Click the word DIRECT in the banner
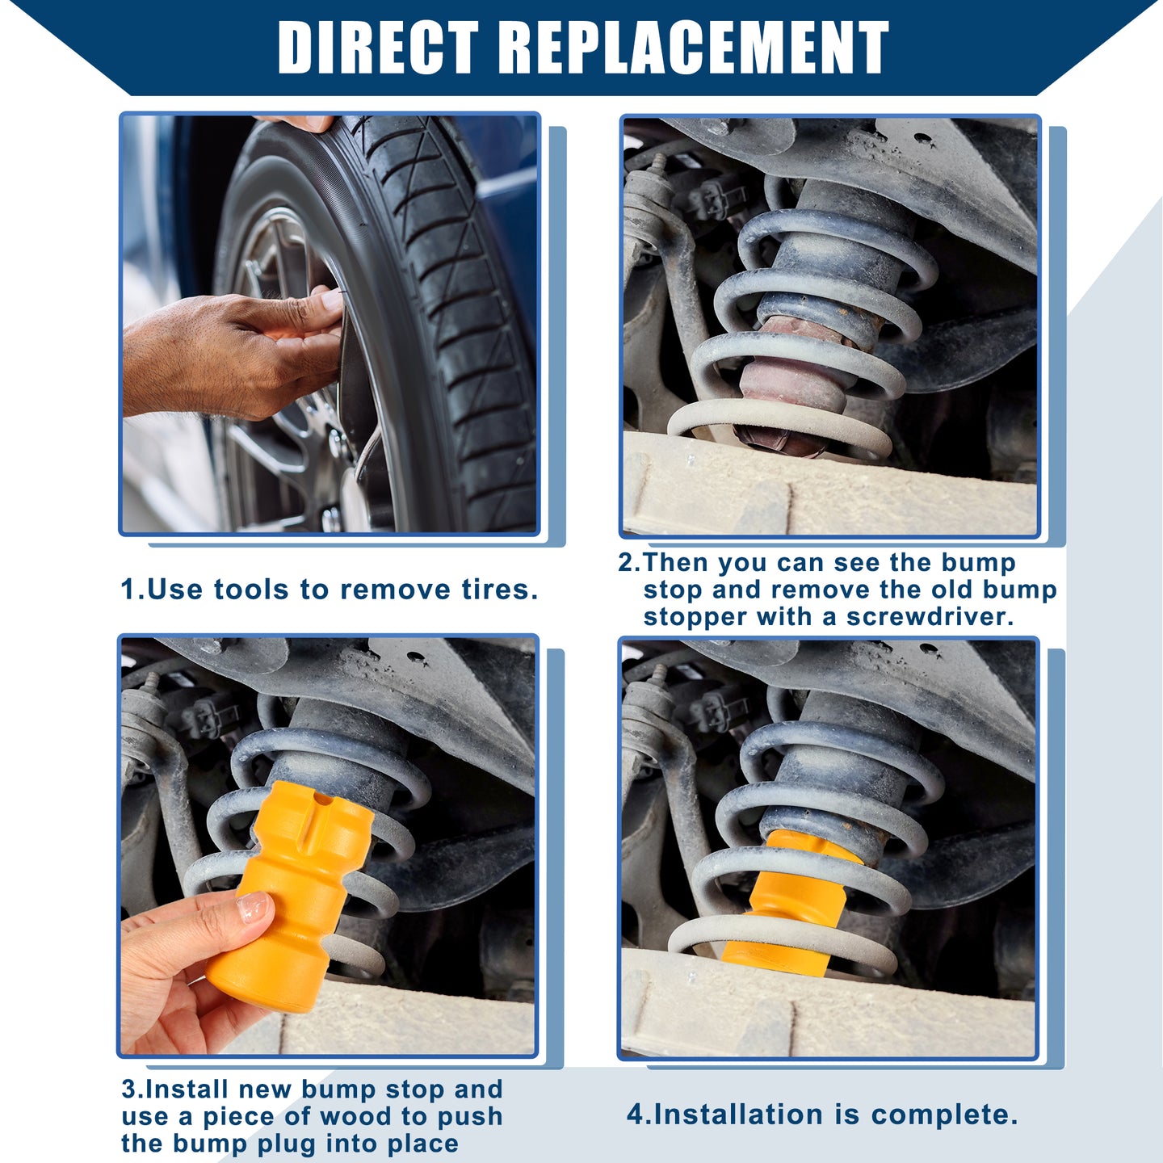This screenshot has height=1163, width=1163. click(x=379, y=48)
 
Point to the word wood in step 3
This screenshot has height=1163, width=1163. click(x=340, y=1116)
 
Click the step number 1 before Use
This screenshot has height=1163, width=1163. click(x=129, y=590)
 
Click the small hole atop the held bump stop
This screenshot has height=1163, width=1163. click(x=323, y=800)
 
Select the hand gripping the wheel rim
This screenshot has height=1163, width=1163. click(x=233, y=352)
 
